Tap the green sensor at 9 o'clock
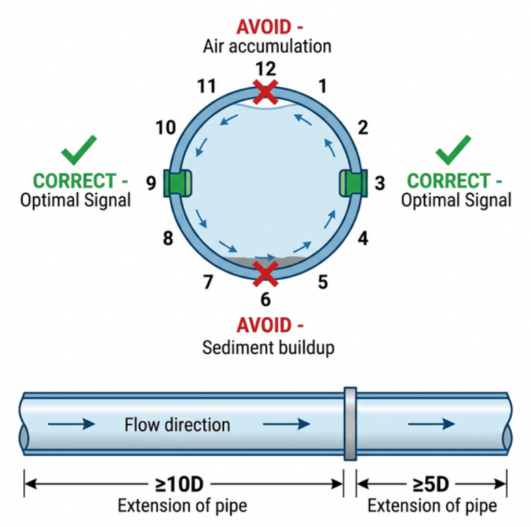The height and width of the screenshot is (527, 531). pyautogui.click(x=177, y=183)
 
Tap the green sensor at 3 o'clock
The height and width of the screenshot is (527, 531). pyautogui.click(x=355, y=183)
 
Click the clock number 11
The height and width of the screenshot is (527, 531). pyautogui.click(x=207, y=87)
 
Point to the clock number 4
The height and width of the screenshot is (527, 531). pyautogui.click(x=363, y=239)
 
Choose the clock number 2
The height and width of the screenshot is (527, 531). pyautogui.click(x=363, y=127)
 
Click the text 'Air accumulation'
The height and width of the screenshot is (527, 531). pyautogui.click(x=267, y=46)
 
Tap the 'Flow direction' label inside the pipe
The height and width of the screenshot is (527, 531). pyautogui.click(x=177, y=424)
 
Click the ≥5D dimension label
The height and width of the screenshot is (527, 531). pyautogui.click(x=431, y=485)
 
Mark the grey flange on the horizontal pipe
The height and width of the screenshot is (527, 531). pyautogui.click(x=350, y=424)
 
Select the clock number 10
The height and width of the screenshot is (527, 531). pyautogui.click(x=165, y=128)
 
